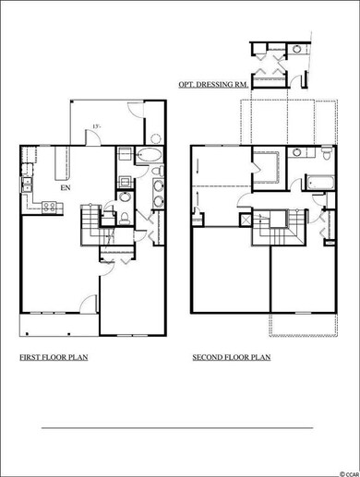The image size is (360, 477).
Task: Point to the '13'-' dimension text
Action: point(96,127)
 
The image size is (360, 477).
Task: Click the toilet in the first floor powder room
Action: point(125,217)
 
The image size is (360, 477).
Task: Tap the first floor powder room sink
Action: point(125,197)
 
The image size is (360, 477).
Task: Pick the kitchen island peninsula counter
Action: point(63,164)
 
